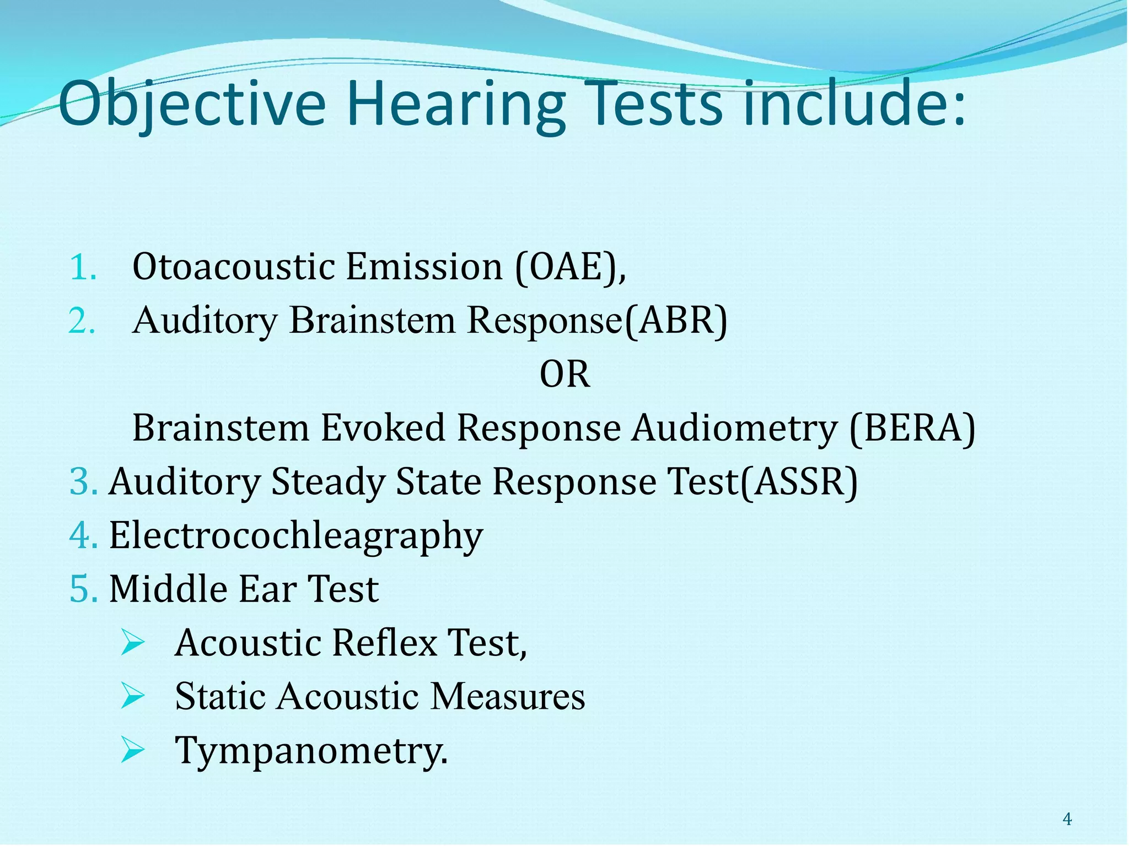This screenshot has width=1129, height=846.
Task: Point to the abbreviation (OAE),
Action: point(571,268)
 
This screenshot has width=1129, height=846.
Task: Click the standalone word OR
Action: point(564,375)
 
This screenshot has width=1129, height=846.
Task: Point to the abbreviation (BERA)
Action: point(912,428)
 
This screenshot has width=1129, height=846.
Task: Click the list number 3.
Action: point(83,482)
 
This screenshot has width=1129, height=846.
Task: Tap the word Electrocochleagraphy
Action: point(296,536)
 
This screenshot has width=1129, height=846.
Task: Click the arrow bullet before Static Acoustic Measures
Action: point(132,697)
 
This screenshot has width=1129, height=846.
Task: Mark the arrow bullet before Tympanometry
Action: point(132,750)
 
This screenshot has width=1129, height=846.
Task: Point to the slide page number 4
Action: point(1067,820)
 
